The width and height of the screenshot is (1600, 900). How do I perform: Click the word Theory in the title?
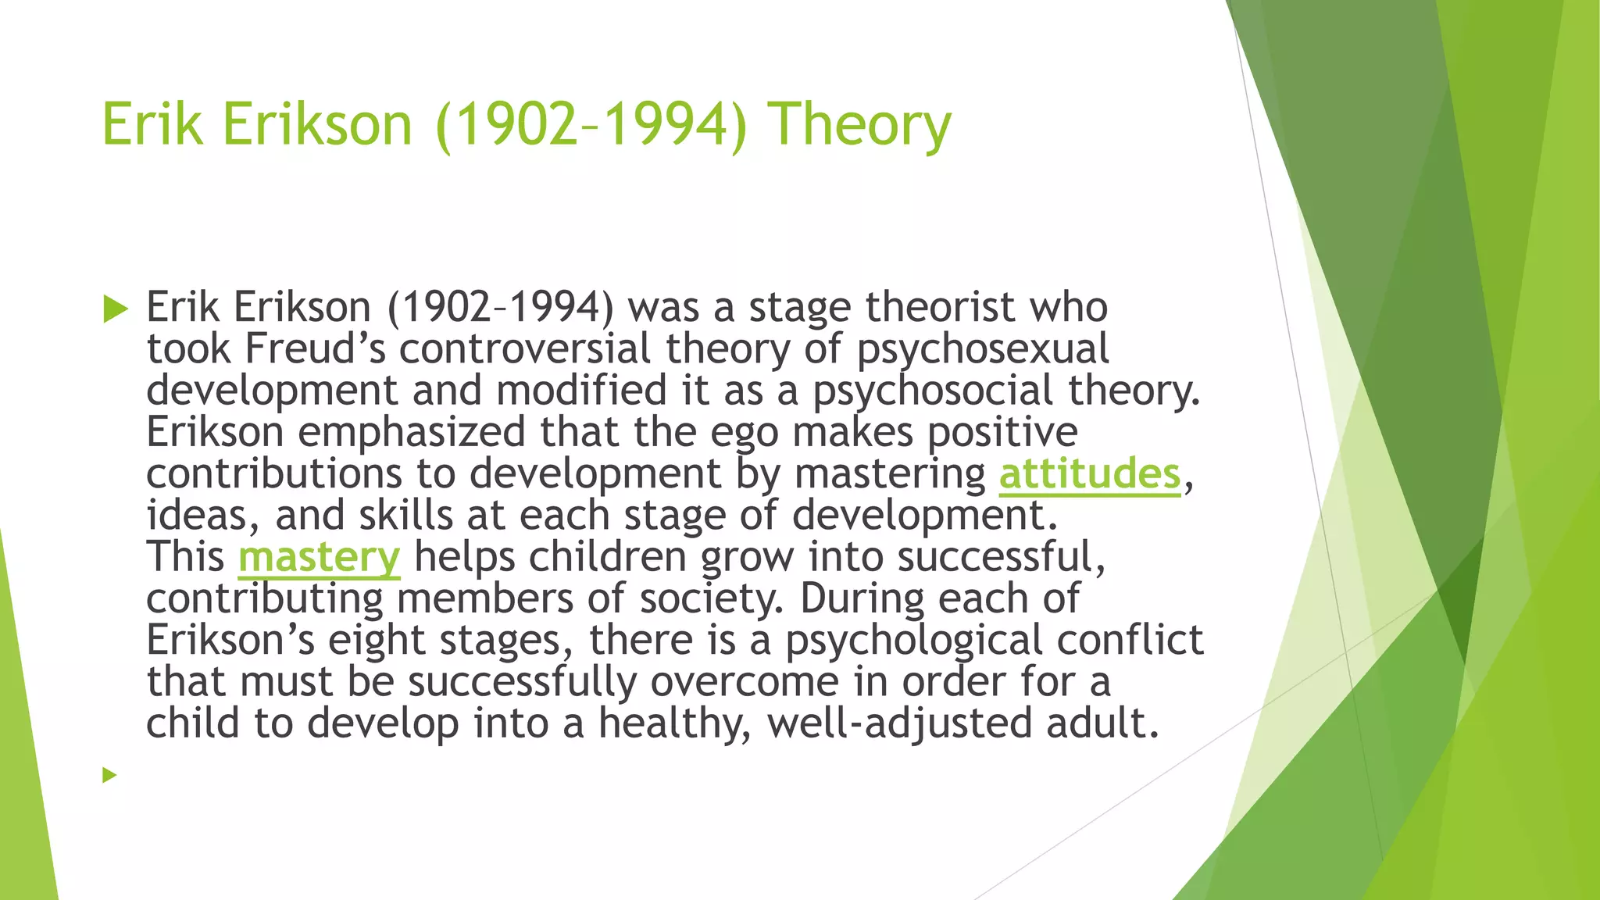click(x=859, y=125)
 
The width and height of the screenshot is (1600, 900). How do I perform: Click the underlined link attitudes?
click(x=1090, y=474)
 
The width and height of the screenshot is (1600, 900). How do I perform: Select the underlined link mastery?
click(x=319, y=557)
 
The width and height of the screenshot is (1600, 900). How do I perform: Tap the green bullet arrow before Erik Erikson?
click(x=115, y=309)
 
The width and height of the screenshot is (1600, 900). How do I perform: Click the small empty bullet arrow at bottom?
click(x=109, y=775)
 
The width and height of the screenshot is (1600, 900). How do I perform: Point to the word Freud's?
click(x=315, y=348)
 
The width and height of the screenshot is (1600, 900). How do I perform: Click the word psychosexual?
click(x=982, y=350)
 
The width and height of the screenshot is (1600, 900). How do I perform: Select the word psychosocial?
click(x=933, y=391)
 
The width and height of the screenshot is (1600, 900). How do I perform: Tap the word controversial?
click(x=524, y=348)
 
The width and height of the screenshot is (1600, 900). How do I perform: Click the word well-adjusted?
click(x=899, y=723)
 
